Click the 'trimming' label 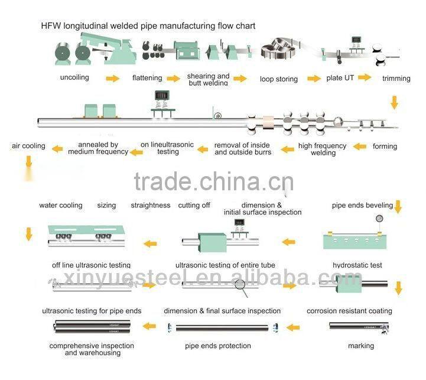pos(396,78)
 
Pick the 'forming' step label pos(385,146)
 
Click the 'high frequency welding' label pos(323,149)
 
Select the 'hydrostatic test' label pos(357,265)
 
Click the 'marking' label pos(360,346)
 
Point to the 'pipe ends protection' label pos(218,346)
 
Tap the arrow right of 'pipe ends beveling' pos(398,207)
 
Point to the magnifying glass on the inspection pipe pos(240,284)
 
